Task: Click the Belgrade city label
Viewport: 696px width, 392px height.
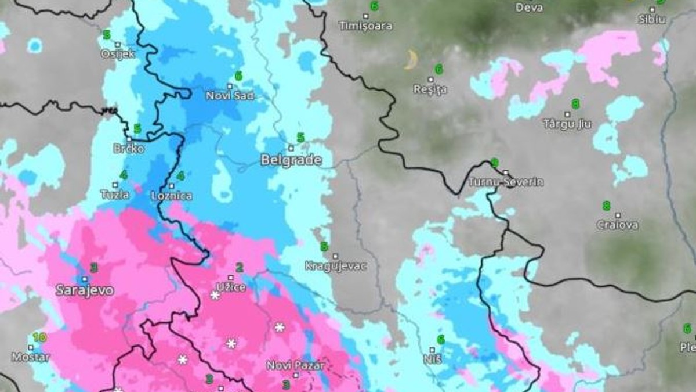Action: coord(291,160)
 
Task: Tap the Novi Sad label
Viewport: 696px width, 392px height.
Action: coord(230,95)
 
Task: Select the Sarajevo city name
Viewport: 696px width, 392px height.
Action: coord(85,290)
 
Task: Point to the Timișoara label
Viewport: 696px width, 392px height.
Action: coord(365,26)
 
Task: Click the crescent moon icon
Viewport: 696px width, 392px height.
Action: coord(411,59)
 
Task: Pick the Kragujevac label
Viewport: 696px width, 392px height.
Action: coord(336,266)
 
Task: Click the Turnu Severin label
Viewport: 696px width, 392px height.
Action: coord(506,182)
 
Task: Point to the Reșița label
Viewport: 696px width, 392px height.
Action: coord(430,89)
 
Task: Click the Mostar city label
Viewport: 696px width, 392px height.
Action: coord(30,357)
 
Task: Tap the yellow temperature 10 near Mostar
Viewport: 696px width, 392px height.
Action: coord(39,337)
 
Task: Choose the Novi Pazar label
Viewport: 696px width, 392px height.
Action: coord(295,365)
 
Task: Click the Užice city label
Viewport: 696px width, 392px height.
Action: coord(231,287)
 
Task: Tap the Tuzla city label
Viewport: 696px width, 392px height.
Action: coord(114,195)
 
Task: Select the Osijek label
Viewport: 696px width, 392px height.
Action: coord(118,53)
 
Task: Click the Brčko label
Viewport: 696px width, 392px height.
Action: coord(129,149)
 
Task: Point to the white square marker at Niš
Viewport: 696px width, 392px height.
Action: coord(432,350)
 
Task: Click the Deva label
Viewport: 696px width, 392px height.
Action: coord(528,8)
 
